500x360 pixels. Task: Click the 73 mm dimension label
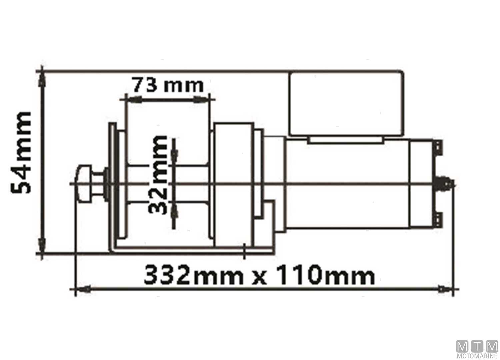click(x=168, y=85)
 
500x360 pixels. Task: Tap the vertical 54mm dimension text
click(x=21, y=153)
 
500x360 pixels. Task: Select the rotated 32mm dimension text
click(x=158, y=175)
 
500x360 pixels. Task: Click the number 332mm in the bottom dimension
click(x=194, y=275)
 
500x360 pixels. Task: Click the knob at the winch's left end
click(x=84, y=184)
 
